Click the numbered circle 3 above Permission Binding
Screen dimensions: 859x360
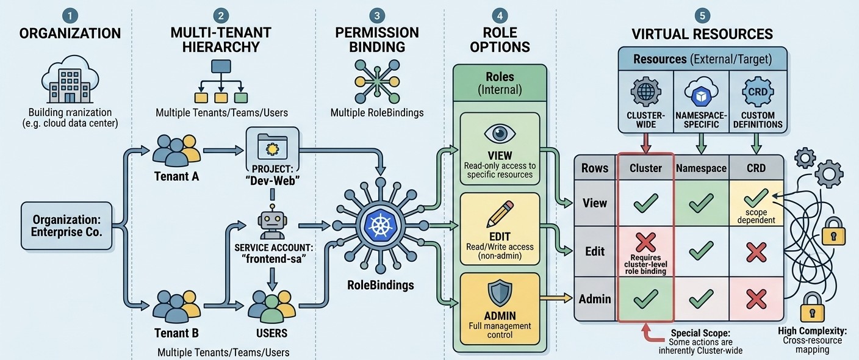[377, 16]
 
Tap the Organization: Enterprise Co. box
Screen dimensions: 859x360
[66, 226]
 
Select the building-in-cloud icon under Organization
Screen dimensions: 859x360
[70, 79]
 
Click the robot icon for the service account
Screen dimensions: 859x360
[272, 221]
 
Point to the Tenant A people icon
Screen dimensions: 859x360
[176, 150]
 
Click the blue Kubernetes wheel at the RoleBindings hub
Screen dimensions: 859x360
[380, 225]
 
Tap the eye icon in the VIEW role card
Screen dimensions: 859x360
[500, 134]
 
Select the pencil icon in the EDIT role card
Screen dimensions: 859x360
[500, 214]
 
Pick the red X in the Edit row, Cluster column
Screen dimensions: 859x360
[646, 242]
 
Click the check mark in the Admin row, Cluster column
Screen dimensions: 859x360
[646, 299]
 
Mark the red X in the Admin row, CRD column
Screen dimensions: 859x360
[757, 300]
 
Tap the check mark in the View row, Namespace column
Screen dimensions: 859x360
[701, 203]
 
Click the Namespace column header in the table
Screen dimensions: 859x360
[701, 168]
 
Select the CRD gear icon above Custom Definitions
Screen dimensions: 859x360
[758, 92]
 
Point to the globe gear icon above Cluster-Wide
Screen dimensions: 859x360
[646, 92]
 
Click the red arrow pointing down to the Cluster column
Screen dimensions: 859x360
[646, 143]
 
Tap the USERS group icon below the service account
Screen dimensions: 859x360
[271, 307]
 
